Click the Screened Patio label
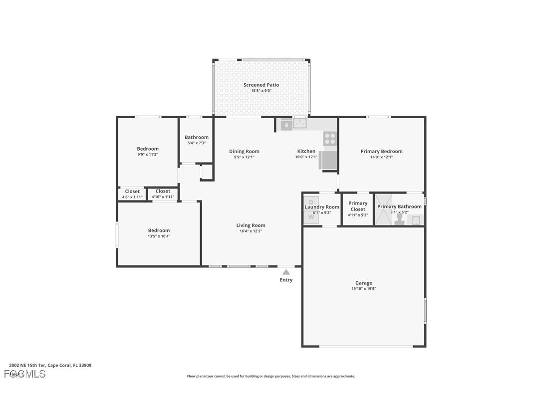point(261,85)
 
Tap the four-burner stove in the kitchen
point(330,138)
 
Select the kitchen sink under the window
point(299,123)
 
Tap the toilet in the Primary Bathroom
point(400,219)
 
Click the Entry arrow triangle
point(286,272)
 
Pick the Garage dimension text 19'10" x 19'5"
point(363,289)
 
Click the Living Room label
point(251,225)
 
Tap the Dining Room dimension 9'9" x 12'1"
point(244,157)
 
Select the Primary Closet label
point(358,206)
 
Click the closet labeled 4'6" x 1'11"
point(132,194)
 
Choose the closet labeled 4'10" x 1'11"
point(163,194)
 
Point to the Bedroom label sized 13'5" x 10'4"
point(159,230)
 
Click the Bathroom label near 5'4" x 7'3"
point(197,137)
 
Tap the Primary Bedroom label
point(381,151)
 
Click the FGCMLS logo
point(25,374)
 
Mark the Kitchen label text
point(306,151)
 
